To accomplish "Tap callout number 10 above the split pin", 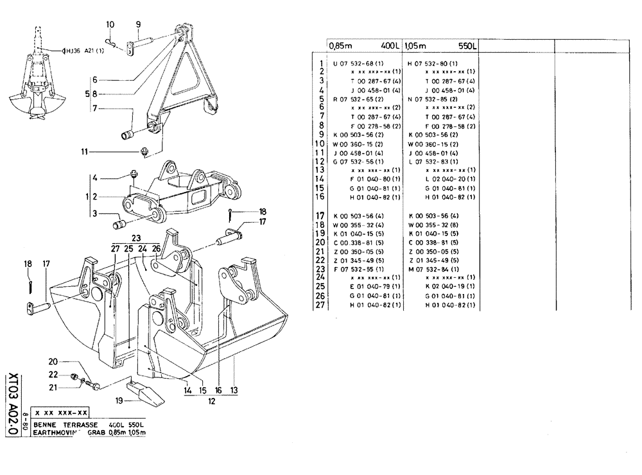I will coord(110,24).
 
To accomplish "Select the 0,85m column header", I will coord(341,47).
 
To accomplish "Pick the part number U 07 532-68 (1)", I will coord(358,64).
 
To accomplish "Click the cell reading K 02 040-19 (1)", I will coord(449,286).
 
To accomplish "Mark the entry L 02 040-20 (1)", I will coord(449,178).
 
